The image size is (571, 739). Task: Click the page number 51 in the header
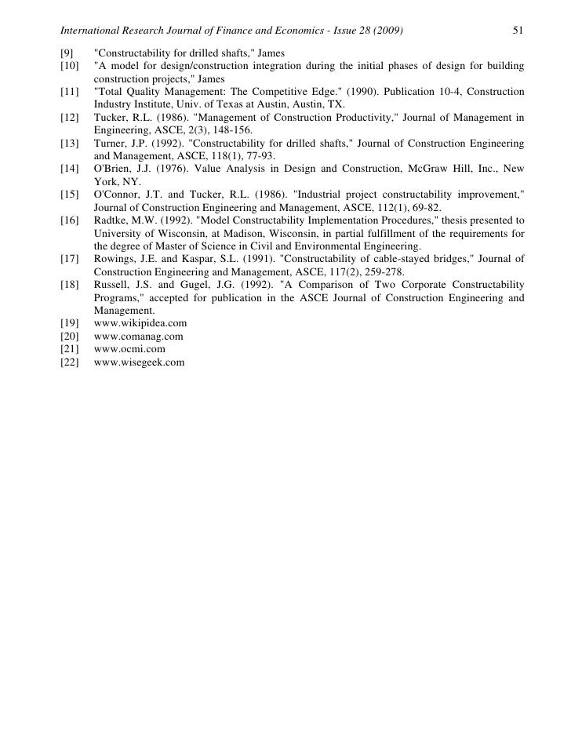tap(517, 31)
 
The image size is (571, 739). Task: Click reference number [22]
tap(71, 362)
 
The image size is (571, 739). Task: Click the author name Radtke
tap(111, 221)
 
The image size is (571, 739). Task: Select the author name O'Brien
tap(112, 168)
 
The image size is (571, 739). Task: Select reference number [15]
tap(71, 195)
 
